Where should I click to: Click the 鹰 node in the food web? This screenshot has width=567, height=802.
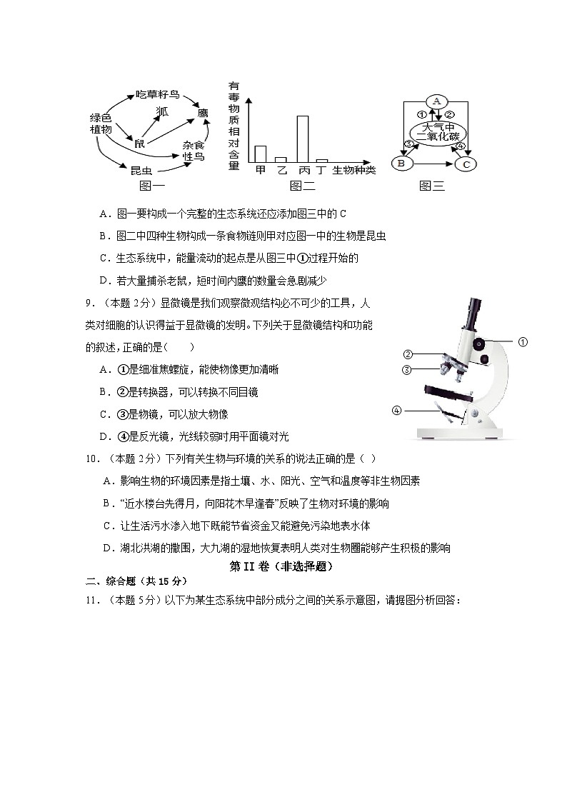[x=202, y=112]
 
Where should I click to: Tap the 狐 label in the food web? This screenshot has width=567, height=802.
[x=163, y=111]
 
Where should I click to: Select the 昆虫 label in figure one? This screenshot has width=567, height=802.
[x=141, y=170]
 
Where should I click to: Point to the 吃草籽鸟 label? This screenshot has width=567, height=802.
[x=158, y=94]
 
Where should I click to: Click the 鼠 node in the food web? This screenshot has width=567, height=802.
[x=139, y=144]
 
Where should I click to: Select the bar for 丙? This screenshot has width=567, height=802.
[x=303, y=139]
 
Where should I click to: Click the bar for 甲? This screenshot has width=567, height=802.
[x=261, y=154]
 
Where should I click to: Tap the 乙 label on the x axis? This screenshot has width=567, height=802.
[x=281, y=170]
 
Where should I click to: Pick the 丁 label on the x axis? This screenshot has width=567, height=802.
[x=322, y=170]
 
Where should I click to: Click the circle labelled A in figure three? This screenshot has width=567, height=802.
[x=436, y=101]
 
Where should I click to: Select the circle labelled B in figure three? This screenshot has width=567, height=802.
[x=401, y=164]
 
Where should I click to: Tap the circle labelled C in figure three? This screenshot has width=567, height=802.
[x=466, y=164]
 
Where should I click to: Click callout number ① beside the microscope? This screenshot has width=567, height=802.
[x=523, y=342]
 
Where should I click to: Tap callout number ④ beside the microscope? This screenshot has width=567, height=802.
[x=397, y=410]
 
